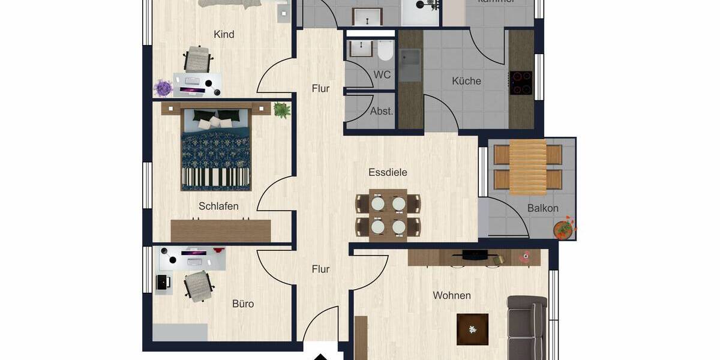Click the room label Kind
point(224,34)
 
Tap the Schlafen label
point(218,206)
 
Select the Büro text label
point(243,304)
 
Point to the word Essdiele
point(388,172)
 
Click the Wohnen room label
point(452,295)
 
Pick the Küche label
point(466,81)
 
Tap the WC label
point(382,75)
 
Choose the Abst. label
point(382,111)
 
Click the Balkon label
point(542,208)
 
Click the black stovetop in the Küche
point(520,83)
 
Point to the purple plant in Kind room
point(163,88)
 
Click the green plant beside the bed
point(281,110)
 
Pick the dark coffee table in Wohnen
point(472,329)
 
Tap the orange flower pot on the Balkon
point(563,229)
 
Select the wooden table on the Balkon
point(528,167)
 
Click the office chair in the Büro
point(199,285)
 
